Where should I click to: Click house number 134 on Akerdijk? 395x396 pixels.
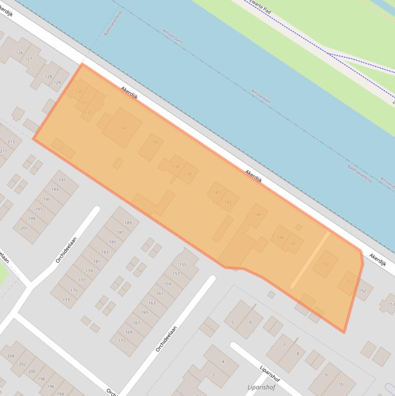(122, 128)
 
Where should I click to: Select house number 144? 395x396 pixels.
(257, 214)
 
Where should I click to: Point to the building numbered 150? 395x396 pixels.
(325, 264)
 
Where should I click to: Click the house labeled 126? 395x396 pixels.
(20, 53)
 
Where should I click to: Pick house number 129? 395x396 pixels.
(57, 82)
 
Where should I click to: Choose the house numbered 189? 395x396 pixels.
(128, 223)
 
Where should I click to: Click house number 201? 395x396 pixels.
(24, 227)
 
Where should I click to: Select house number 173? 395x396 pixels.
(66, 299)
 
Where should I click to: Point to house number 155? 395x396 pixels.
(182, 264)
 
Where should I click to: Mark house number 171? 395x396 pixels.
(122, 340)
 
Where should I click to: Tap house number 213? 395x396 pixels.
(11, 141)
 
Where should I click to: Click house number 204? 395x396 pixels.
(10, 356)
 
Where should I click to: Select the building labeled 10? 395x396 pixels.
(341, 384)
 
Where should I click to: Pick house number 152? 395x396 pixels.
(363, 291)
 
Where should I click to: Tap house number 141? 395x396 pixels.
(216, 192)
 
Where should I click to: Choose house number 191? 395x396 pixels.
(62, 180)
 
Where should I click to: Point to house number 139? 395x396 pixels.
(188, 174)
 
